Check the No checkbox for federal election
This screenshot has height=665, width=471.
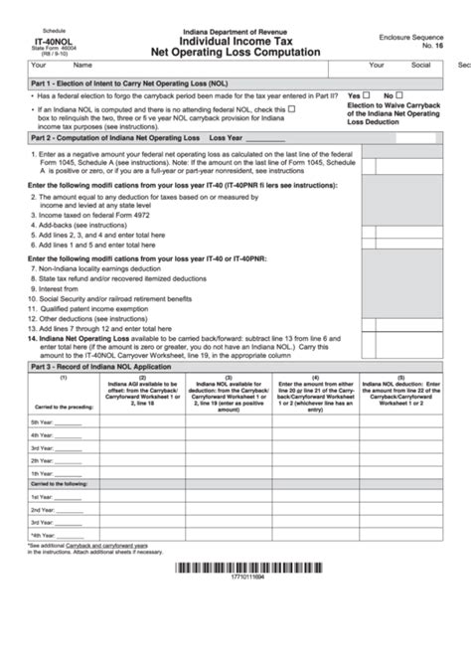click(417, 94)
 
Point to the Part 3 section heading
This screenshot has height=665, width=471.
click(101, 368)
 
